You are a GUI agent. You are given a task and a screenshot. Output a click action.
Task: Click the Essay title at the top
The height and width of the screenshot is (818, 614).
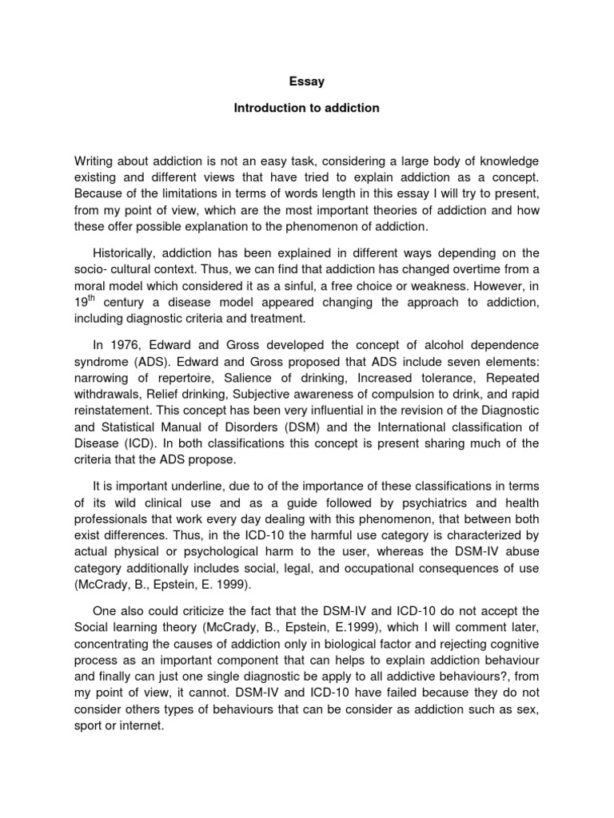pos(306,81)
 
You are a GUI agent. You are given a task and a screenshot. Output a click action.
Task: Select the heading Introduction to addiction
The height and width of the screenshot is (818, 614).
pos(306,108)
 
